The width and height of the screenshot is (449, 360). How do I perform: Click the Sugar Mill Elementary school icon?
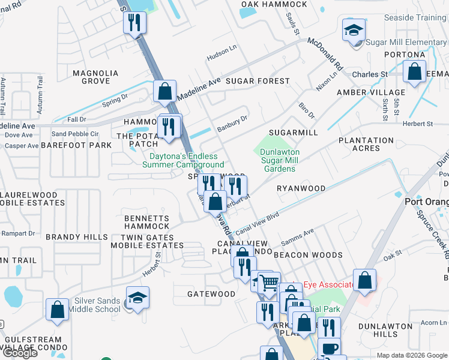click(354, 30)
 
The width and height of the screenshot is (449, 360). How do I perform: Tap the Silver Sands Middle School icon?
click(137, 299)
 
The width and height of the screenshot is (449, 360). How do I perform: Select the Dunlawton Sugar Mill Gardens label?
click(280, 160)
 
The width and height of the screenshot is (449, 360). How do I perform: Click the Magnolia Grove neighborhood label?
click(95, 77)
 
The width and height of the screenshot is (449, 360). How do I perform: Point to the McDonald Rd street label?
click(325, 55)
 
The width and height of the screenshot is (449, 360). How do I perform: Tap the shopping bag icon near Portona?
click(415, 72)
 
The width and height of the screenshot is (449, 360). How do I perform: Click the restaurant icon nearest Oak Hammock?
click(134, 23)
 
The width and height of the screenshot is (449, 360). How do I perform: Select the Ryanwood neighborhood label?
click(301, 188)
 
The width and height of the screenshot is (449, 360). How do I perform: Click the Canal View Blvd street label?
click(258, 222)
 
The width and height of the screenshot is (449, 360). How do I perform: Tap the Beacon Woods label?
click(308, 255)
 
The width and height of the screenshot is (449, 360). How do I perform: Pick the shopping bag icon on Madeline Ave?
click(164, 92)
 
